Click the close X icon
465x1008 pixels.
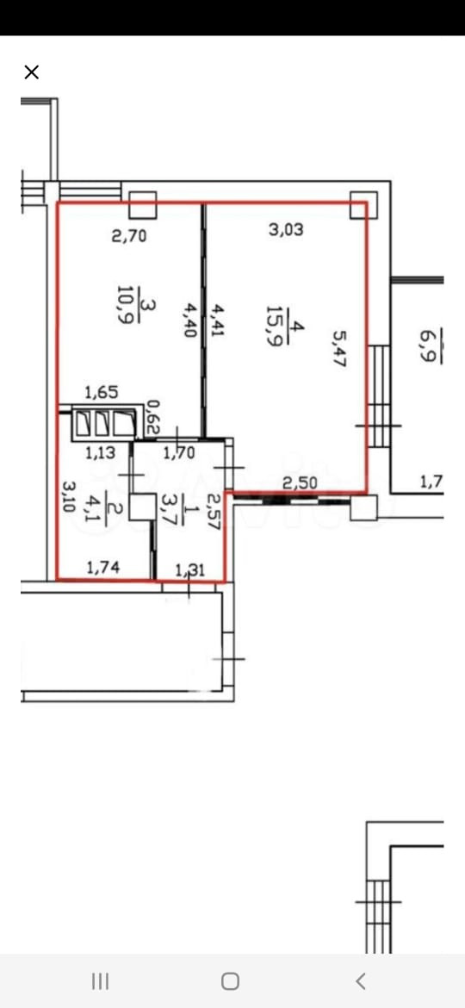pos(32,72)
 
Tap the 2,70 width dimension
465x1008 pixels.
pos(129,236)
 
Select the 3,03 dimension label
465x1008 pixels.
pos(286,229)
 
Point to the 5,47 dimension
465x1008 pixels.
pos(339,348)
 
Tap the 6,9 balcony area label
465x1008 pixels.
pos(427,345)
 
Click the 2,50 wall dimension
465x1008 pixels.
pos(300,482)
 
